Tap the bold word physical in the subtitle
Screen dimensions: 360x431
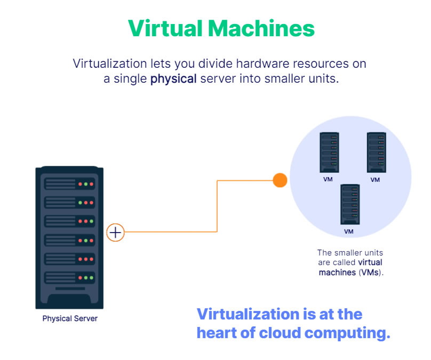click(173, 79)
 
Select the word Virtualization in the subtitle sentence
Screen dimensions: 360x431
click(109, 64)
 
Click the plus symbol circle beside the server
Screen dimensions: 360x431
click(116, 233)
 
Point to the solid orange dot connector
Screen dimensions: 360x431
click(280, 180)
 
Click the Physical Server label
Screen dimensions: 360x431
click(70, 319)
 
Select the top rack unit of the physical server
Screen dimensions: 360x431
click(69, 184)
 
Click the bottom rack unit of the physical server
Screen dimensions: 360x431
click(69, 277)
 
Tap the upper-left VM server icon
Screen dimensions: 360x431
click(329, 151)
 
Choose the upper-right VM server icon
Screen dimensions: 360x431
click(376, 152)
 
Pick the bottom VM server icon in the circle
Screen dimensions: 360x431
click(349, 204)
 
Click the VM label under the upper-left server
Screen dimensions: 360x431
click(328, 179)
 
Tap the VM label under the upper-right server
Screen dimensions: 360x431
click(375, 180)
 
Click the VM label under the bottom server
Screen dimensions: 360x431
click(349, 231)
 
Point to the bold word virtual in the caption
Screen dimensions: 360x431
click(370, 262)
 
